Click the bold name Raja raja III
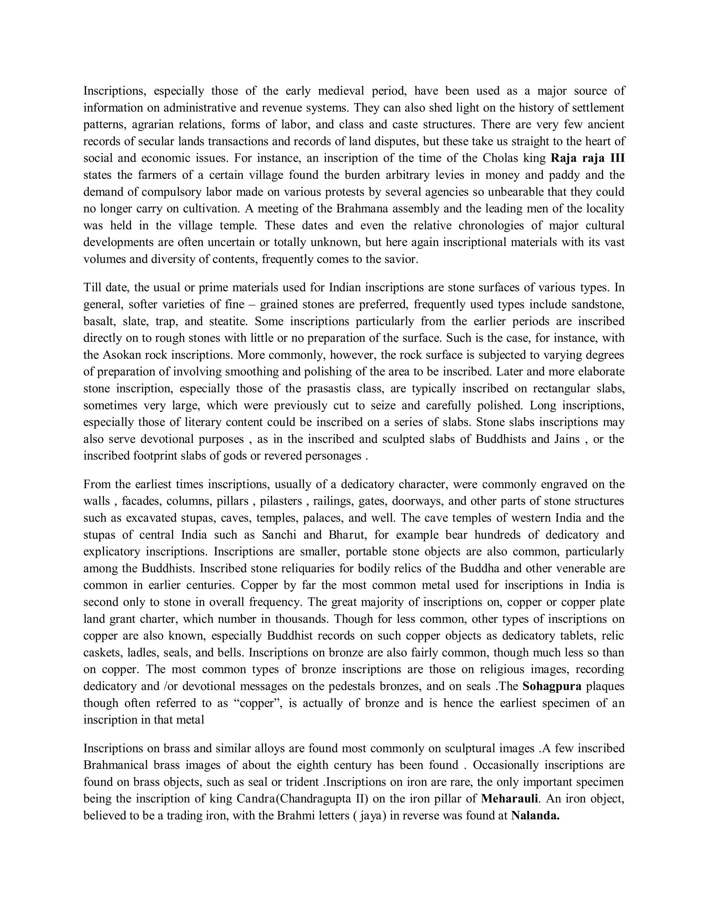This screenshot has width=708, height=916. [587, 158]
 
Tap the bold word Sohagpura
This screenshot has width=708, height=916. [552, 686]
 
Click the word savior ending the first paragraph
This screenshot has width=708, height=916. [402, 259]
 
